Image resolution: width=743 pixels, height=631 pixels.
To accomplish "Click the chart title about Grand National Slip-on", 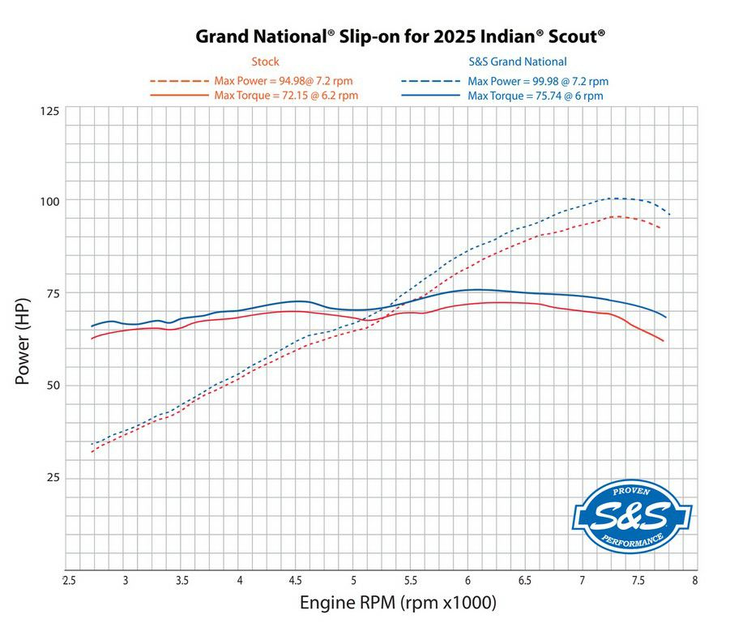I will coord(401,36).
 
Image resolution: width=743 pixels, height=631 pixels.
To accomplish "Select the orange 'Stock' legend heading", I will coord(265,62).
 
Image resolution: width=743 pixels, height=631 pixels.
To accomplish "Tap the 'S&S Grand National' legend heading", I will coord(518,62).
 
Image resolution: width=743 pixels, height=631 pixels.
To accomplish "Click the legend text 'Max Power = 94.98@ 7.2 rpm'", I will coord(284,81).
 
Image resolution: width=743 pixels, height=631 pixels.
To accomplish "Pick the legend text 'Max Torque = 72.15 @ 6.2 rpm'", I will coord(286,96).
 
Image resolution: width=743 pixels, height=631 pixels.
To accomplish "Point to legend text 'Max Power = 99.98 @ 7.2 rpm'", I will coord(538,81).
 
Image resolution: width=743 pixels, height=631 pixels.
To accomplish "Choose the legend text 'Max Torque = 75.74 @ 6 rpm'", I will coord(535,96).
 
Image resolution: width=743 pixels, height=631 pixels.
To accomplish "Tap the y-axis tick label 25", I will coord(51,478).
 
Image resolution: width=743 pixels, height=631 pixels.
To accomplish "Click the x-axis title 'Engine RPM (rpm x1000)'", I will coord(398,603).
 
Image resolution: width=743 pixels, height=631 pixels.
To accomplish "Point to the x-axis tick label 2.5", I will coord(70,580).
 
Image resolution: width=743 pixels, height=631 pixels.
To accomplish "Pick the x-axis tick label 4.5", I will coord(297,580).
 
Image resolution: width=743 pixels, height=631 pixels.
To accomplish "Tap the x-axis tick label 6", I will coord(468,580).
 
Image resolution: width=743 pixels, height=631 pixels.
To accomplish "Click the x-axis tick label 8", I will coord(695,580).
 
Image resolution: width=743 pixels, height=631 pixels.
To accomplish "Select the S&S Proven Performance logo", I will coord(632,516).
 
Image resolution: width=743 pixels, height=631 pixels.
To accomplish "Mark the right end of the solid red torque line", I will coord(664,341).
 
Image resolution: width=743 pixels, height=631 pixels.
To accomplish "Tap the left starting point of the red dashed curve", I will coord(92,451).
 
